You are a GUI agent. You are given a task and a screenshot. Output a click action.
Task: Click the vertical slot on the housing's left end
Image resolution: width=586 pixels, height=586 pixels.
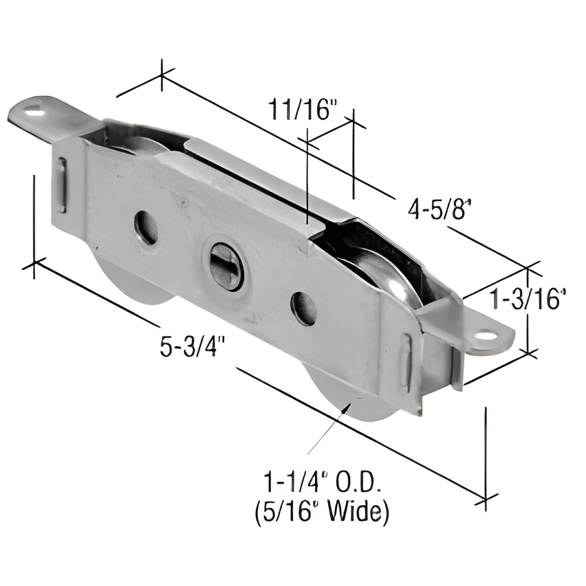(62, 185)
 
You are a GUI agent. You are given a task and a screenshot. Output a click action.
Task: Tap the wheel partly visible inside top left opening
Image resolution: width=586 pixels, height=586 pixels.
(142, 145)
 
